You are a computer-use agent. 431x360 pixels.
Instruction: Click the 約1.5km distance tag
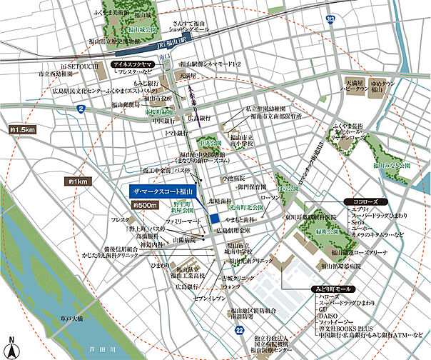pyautogui.click(x=23, y=130)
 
